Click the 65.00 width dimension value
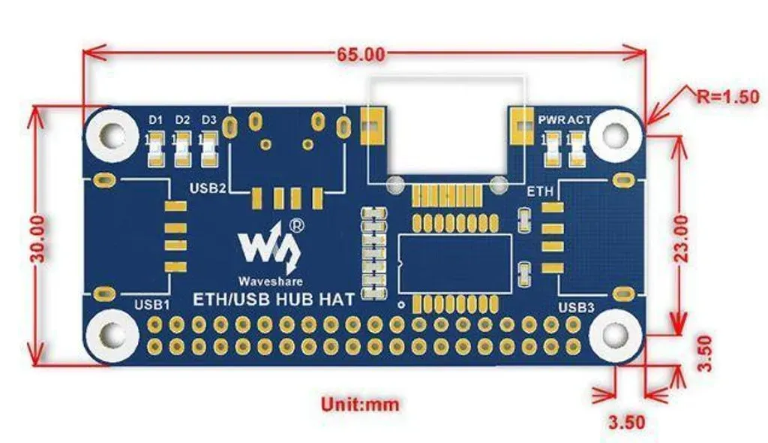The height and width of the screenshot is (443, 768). [361, 54]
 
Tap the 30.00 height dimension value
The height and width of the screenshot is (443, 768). [40, 239]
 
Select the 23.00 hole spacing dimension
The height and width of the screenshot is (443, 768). [681, 239]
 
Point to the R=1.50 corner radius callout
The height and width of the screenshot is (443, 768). [727, 97]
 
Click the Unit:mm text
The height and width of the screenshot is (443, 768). [360, 404]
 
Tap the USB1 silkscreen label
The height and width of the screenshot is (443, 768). [151, 305]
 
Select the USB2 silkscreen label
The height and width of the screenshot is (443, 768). [208, 188]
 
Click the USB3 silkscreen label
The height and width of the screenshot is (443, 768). [577, 308]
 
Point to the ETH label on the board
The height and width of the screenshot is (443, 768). [540, 191]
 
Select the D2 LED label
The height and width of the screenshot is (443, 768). [182, 119]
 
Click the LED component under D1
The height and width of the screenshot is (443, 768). [156, 149]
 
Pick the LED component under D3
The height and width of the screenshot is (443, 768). [209, 149]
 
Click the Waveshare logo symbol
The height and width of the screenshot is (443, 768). [268, 247]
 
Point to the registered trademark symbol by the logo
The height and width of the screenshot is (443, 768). [297, 225]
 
